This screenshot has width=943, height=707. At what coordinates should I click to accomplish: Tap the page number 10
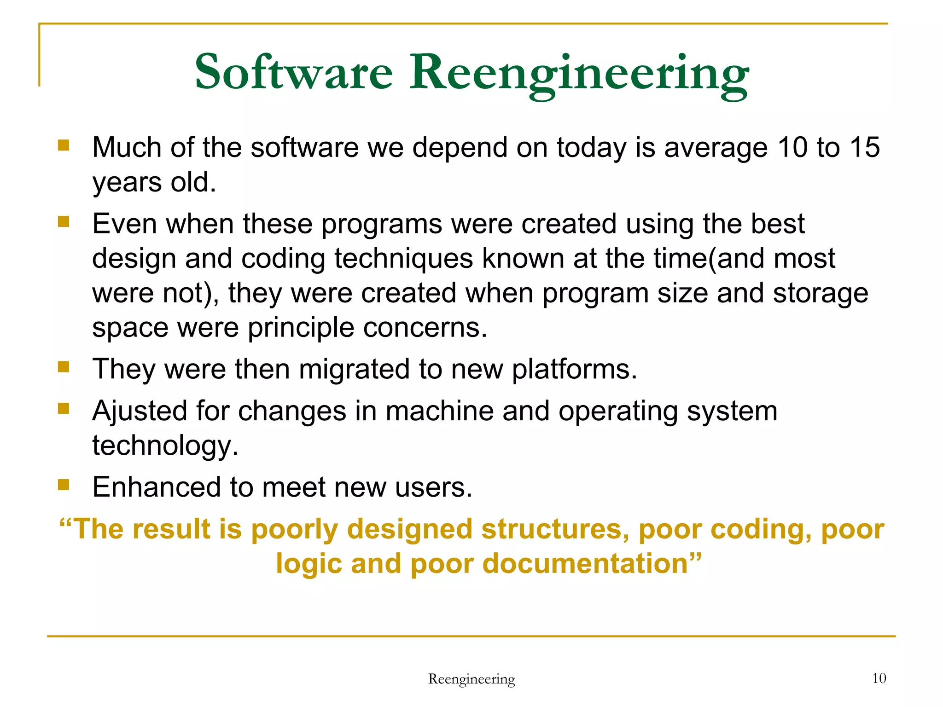pyautogui.click(x=879, y=678)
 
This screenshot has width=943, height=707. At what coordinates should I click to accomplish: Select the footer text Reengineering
pyautogui.click(x=471, y=679)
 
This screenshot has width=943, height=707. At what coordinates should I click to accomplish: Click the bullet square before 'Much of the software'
pyautogui.click(x=64, y=146)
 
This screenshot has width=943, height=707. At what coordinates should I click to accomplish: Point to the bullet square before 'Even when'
pyautogui.click(x=64, y=222)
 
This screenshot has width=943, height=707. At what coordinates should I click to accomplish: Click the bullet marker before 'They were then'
pyautogui.click(x=64, y=367)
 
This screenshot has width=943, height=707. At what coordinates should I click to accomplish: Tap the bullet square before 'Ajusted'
pyautogui.click(x=64, y=408)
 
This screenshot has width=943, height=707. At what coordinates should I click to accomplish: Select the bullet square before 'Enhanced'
pyautogui.click(x=64, y=485)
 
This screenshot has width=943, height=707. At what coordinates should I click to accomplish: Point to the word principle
pyautogui.click(x=301, y=328)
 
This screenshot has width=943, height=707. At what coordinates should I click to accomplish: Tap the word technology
pyautogui.click(x=165, y=446)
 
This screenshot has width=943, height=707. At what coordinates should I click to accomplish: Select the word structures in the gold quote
pyautogui.click(x=555, y=529)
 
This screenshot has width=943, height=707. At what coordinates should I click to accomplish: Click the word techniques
pyautogui.click(x=403, y=259)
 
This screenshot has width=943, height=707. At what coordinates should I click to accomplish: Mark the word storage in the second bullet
pyautogui.click(x=820, y=293)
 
